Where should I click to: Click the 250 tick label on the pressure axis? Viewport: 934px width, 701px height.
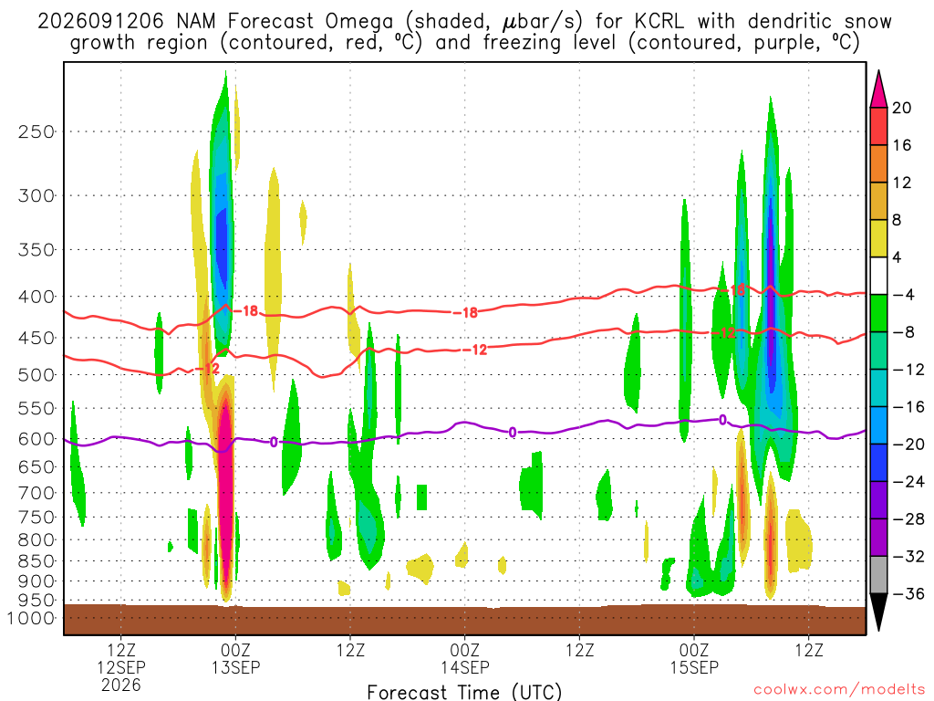(36, 131)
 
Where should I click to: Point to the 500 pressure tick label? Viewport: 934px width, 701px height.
(36, 375)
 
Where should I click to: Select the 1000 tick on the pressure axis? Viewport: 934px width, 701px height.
(31, 618)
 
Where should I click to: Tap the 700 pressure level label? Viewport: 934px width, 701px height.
(36, 493)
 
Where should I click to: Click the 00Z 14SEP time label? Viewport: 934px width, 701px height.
(465, 658)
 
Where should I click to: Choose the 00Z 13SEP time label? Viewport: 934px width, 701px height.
(236, 658)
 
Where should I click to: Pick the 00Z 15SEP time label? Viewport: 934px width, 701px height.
(694, 658)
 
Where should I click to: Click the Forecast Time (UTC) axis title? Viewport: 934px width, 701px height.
(464, 692)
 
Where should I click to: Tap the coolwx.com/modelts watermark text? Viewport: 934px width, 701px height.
(839, 690)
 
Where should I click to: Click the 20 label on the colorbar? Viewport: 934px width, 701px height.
(901, 108)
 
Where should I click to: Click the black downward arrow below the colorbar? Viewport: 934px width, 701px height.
(878, 611)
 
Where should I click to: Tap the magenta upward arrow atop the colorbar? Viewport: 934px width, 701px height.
(878, 90)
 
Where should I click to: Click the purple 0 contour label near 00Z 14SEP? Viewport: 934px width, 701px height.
(513, 432)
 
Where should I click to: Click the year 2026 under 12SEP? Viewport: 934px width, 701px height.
(121, 685)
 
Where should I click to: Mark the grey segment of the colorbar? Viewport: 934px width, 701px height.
(878, 575)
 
